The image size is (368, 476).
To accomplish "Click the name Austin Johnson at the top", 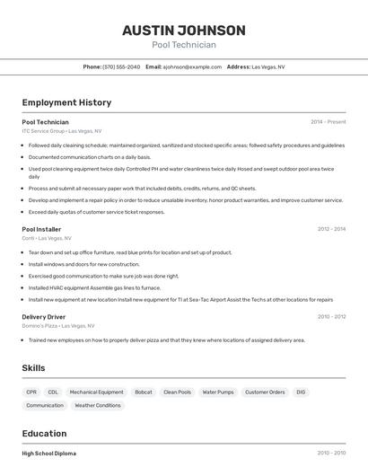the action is click(183, 30).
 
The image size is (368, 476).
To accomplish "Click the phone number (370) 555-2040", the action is click(121, 66).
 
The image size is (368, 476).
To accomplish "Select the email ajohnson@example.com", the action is click(192, 66).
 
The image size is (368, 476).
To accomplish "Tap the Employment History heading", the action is click(66, 102).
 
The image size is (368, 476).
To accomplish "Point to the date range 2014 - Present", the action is click(328, 122).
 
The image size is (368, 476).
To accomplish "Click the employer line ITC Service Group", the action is click(62, 131).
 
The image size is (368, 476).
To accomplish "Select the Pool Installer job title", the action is click(41, 229).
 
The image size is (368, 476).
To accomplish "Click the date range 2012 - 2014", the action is click(331, 229).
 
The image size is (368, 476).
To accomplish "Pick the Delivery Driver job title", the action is click(43, 317).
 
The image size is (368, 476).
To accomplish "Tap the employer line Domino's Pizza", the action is click(58, 326).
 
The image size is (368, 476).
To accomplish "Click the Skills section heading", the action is click(34, 368).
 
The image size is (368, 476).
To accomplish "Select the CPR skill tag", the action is click(31, 392).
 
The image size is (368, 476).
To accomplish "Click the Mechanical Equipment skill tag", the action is click(96, 392).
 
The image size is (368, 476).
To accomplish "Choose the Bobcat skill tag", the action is click(144, 392).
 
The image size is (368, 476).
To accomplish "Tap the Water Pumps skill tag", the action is click(218, 392).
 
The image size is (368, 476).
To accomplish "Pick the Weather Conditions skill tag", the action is click(97, 406).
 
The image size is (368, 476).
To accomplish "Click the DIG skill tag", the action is click(301, 392).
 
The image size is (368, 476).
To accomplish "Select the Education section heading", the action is click(44, 434).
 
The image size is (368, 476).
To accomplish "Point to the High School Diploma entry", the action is click(49, 454).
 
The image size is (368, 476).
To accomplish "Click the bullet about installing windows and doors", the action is click(83, 265).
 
